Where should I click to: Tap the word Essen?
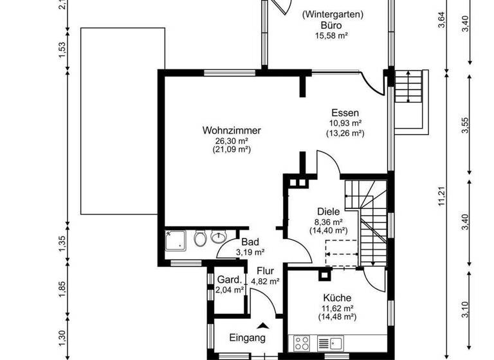[345, 112]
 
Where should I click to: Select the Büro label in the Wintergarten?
[333, 26]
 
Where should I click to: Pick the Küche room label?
[337, 298]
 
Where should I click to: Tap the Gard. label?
[230, 280]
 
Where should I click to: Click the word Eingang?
[247, 338]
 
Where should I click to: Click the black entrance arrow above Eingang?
[262, 325]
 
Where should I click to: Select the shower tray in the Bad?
[177, 239]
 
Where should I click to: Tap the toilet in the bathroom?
[200, 240]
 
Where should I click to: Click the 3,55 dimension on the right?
[466, 127]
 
